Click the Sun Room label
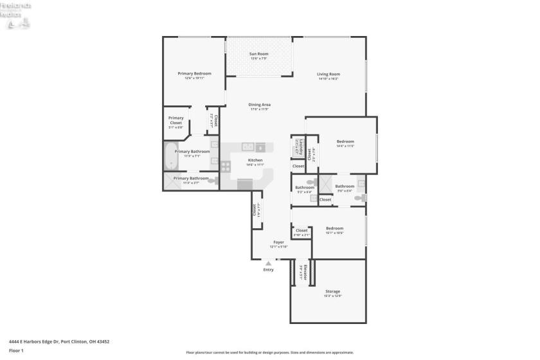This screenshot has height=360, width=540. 258,53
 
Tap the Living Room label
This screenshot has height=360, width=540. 328,74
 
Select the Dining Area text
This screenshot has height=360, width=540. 260,104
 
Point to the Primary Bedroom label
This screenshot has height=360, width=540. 194,73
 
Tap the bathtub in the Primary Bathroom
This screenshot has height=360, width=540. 170,156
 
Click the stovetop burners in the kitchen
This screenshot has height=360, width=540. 226,165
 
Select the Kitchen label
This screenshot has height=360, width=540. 255,160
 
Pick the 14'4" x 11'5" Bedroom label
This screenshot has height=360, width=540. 345,141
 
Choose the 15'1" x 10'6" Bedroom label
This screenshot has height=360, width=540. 334,228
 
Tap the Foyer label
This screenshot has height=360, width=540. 278,242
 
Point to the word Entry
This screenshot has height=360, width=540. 269,269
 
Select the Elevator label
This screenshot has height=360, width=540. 305,273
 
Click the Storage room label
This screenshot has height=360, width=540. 332,291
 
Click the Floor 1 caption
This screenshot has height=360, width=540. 16,350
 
